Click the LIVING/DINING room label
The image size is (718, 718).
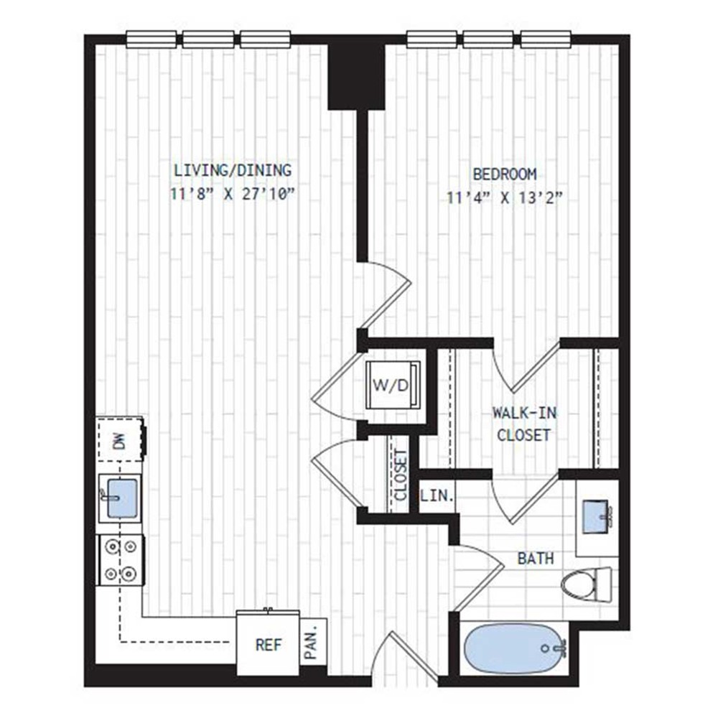(x=232, y=170)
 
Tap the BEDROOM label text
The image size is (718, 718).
(x=504, y=174)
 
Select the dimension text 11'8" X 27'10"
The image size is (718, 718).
(x=232, y=194)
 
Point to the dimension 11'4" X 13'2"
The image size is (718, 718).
(x=504, y=198)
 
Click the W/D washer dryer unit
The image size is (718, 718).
(x=393, y=385)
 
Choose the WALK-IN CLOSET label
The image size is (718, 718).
(x=524, y=424)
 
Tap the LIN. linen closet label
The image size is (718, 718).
(x=437, y=495)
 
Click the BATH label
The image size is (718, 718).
(x=536, y=558)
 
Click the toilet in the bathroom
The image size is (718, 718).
(x=587, y=584)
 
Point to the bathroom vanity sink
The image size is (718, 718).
(x=597, y=516)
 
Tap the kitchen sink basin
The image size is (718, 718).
(x=121, y=498)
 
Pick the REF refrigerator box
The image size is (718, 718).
(x=268, y=643)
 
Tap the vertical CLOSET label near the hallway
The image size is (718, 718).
(x=400, y=475)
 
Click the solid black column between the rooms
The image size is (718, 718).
(x=356, y=77)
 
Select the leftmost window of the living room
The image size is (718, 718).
(x=151, y=39)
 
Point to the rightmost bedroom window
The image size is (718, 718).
(x=546, y=39)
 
